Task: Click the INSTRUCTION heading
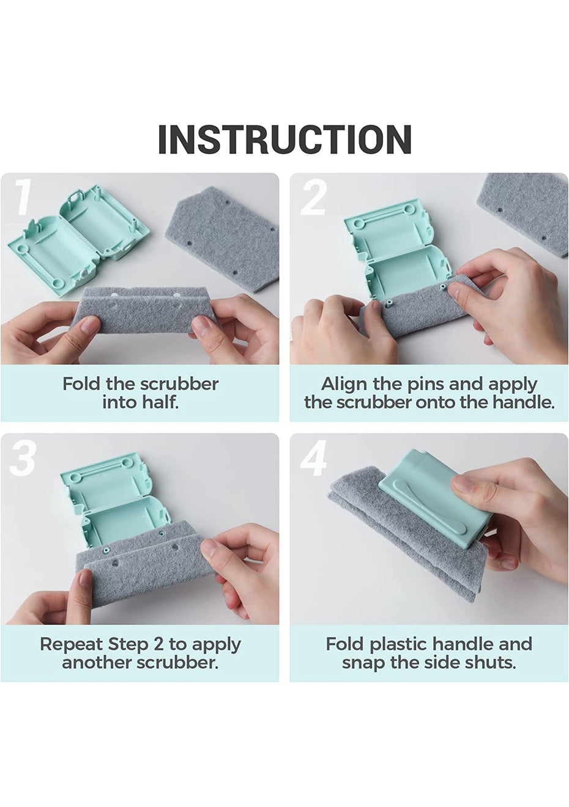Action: [284, 139]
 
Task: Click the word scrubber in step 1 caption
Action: [179, 384]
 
